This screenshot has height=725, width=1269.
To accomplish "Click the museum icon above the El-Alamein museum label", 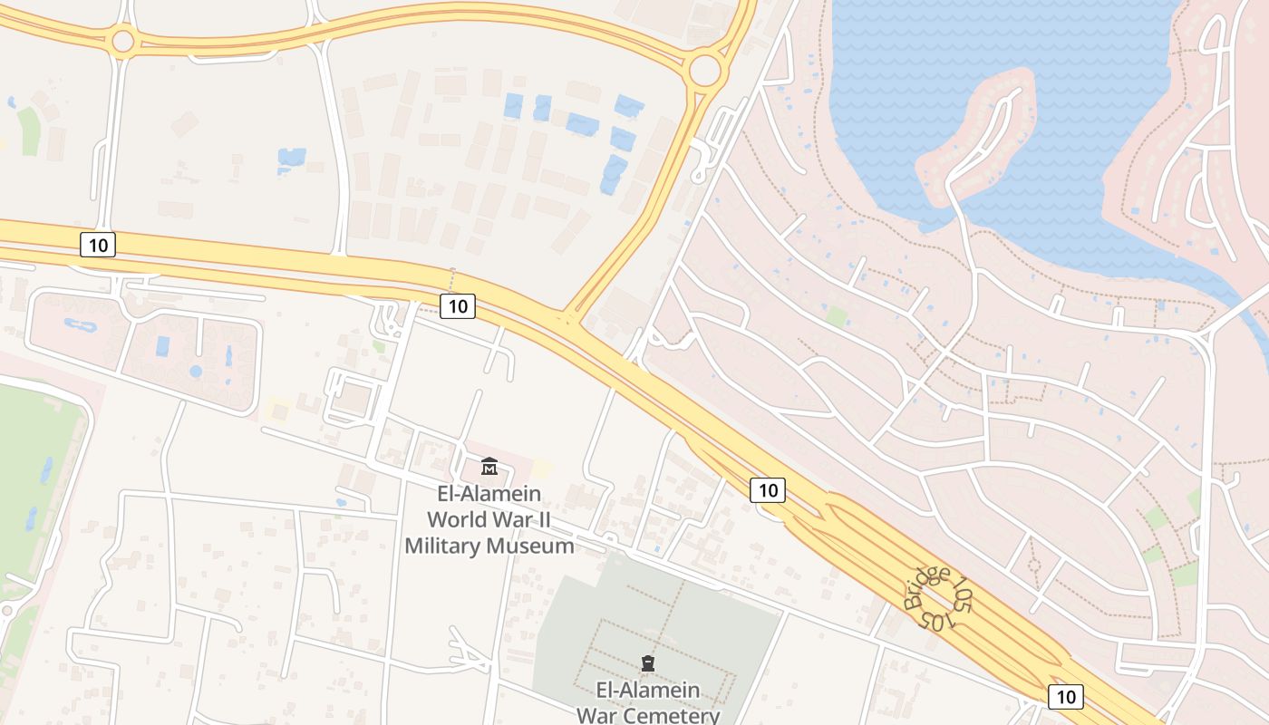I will (x=489, y=467).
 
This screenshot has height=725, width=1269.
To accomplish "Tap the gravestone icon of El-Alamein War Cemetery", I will (x=647, y=663).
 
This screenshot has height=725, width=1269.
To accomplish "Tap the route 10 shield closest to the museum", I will (x=458, y=306).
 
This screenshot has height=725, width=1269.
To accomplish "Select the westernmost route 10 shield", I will (x=98, y=244).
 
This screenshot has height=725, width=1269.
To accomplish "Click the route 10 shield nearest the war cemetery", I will (x=768, y=490).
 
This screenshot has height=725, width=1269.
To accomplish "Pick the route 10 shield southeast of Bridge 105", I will (x=1065, y=696).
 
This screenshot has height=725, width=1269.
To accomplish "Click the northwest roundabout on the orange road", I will (x=122, y=40).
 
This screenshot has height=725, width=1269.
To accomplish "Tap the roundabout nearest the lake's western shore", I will (x=704, y=69).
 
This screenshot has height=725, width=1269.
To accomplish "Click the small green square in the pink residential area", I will (x=837, y=316).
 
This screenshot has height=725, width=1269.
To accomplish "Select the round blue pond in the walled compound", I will (x=196, y=372).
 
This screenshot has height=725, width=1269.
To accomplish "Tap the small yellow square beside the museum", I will (x=541, y=468).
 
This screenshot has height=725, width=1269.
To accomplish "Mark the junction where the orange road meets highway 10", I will (x=567, y=318).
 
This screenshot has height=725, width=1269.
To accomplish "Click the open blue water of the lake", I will (x=997, y=45).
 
